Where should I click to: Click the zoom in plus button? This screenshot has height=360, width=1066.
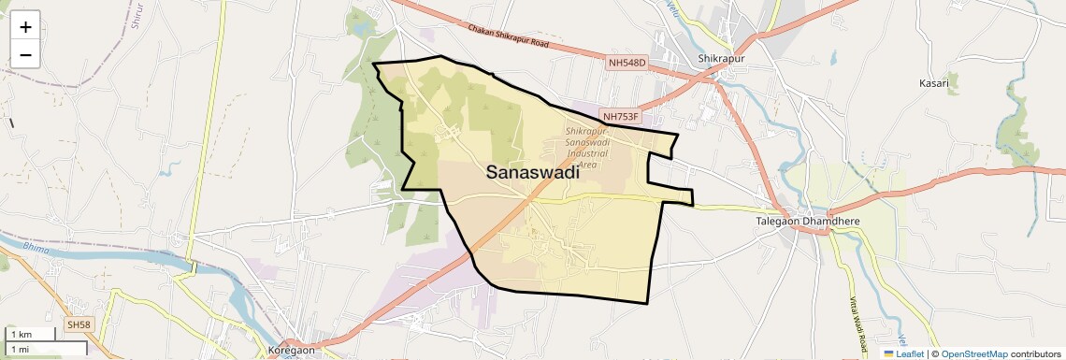(x=25, y=27)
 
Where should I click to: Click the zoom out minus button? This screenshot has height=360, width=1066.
(x=25, y=54)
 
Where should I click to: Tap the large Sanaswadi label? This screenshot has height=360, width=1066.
(x=533, y=173)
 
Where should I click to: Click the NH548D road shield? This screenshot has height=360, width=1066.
(x=627, y=63)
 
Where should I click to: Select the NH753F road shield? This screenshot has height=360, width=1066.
(x=622, y=117)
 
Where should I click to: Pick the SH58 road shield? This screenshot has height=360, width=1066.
(x=79, y=324)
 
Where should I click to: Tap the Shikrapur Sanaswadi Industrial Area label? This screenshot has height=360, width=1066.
(x=587, y=146)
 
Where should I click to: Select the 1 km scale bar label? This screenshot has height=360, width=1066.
(x=21, y=335)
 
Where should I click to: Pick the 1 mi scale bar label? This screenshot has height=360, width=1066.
(x=20, y=349)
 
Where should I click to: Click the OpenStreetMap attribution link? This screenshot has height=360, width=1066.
(x=973, y=353)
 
